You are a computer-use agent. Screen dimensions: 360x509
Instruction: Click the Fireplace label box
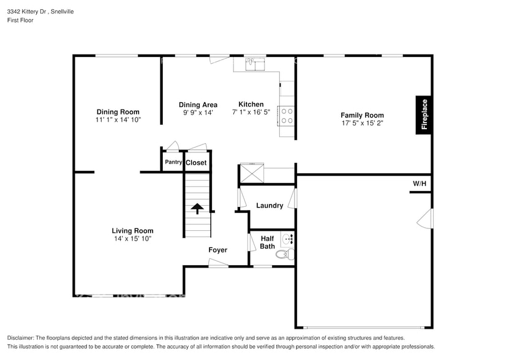424,114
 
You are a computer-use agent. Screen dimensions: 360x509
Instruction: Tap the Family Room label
362,115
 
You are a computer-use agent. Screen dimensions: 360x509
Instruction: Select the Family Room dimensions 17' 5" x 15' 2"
362,123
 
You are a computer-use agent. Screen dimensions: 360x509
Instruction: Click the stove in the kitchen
287,116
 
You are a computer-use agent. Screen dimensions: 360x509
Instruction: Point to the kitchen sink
251,63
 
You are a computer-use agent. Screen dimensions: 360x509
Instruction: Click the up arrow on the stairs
198,209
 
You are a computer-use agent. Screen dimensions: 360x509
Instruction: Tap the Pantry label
173,162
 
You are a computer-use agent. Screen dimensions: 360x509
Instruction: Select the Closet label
196,163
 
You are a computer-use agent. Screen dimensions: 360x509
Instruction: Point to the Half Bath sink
288,238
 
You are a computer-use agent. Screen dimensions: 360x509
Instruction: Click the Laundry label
270,206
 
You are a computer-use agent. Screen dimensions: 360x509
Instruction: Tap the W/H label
419,184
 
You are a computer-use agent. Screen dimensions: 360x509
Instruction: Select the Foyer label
217,250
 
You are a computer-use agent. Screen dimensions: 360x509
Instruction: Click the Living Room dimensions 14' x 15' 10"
132,239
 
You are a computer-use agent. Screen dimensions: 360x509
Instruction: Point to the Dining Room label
118,112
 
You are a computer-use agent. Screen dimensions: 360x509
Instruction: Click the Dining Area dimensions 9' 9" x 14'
197,113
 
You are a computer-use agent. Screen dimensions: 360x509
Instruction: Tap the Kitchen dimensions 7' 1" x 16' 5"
251,113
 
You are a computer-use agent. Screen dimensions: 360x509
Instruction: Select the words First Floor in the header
21,20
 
